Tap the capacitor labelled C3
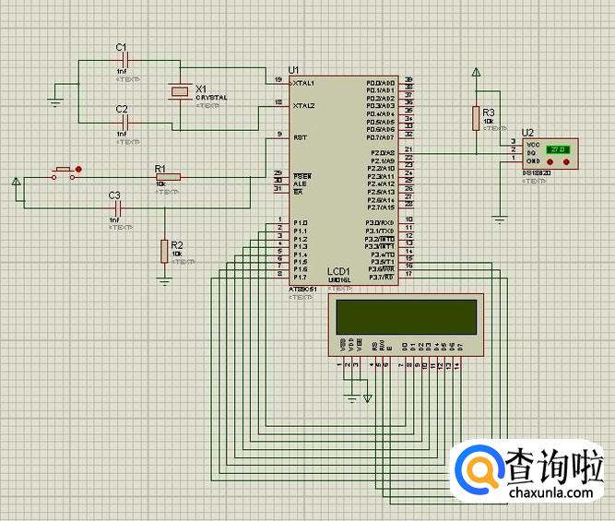coord(117,207)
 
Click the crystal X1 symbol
coord(180,90)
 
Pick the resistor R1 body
coord(167,176)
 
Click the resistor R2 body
coord(164,250)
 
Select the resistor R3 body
coord(476,118)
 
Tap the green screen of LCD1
coord(406,318)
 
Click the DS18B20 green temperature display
coord(559,149)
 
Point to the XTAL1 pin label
coord(303,83)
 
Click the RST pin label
coord(300,136)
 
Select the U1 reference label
coord(294,69)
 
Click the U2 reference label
coord(527,133)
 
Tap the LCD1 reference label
coord(337,271)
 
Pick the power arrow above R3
coord(476,73)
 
